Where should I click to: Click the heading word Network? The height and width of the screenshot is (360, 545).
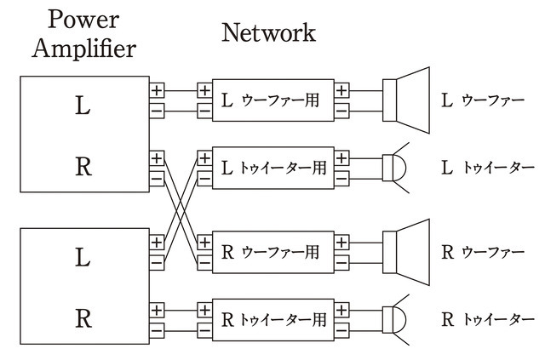(268, 33)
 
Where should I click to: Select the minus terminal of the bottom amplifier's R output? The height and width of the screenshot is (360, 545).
(157, 329)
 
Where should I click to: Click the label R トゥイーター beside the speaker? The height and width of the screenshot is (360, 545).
(487, 321)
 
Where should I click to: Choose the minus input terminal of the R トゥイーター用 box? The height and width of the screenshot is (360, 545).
(204, 329)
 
